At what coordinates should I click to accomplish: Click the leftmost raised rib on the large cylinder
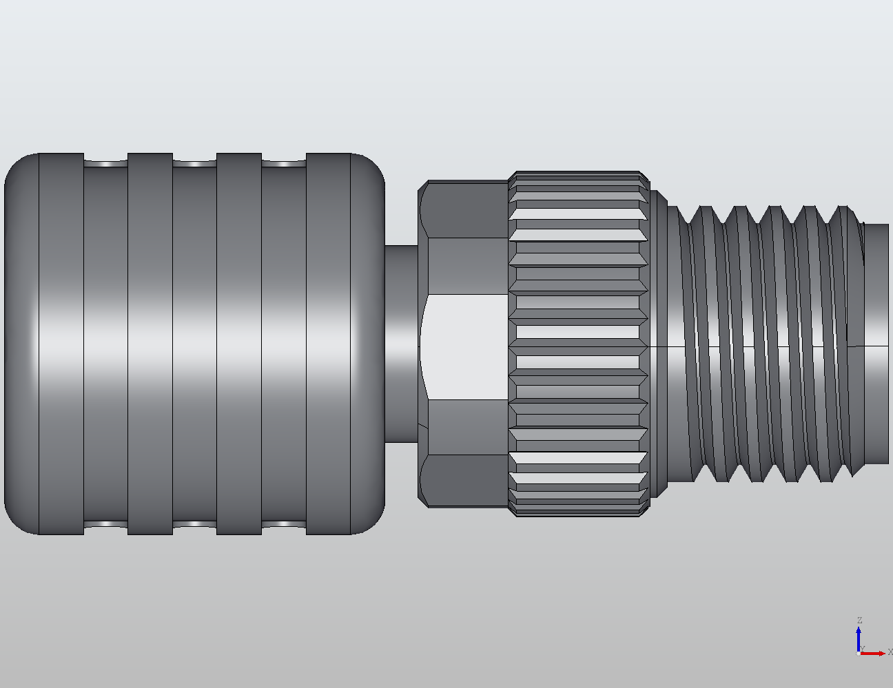61,344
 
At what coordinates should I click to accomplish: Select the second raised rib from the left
150,344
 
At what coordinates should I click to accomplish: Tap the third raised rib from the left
239,344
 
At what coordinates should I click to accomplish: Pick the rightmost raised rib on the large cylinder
328,344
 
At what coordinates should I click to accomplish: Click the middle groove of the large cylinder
194,344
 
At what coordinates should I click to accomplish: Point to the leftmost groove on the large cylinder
105,344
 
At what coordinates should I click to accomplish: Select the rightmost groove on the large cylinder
283,344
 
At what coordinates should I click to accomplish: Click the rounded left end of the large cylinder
21,344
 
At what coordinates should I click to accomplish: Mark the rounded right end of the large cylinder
368,344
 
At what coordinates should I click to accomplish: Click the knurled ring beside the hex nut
579,344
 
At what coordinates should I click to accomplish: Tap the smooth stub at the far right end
876,344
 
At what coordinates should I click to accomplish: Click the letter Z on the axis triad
859,621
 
